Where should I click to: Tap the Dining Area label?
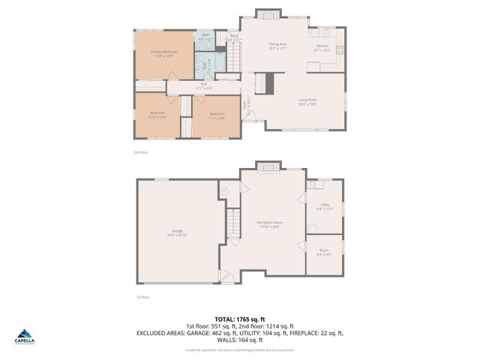coord(278,46)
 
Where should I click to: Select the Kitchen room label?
coord(322,46)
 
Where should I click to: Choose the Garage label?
coord(177,233)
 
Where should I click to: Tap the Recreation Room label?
coord(269,225)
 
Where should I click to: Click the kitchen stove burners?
coord(340,51)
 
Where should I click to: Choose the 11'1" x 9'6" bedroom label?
coord(217,115)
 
